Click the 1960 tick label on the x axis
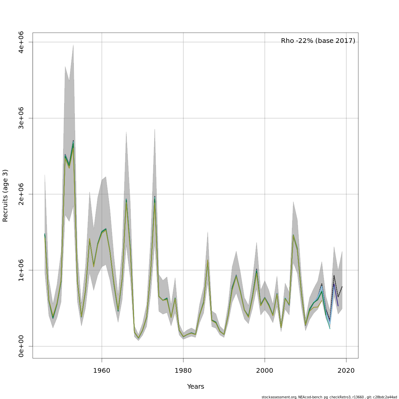102,371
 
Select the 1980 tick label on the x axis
183,371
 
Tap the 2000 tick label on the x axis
265,371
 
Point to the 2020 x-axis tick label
346,371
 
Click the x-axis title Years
196,387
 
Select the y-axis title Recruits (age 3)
5,196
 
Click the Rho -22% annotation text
318,41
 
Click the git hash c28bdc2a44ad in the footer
385,397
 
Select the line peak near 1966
126,199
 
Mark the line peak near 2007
293,235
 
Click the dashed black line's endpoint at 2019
342,287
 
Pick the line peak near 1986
207,260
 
